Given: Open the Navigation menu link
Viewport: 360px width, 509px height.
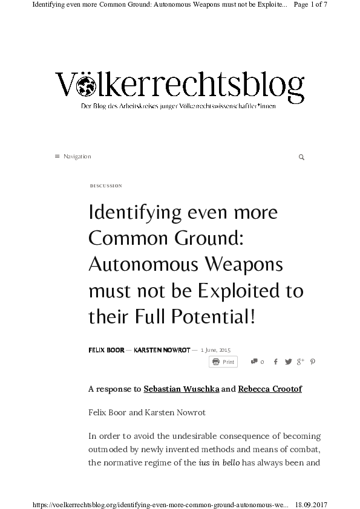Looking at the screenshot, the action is [77, 157].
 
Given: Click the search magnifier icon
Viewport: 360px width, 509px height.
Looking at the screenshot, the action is [301, 157].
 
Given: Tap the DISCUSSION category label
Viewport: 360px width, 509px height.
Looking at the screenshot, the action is [106, 186].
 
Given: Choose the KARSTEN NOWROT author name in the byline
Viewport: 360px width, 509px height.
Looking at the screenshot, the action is [162, 350].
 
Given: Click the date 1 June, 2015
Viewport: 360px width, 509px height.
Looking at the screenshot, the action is [216, 350].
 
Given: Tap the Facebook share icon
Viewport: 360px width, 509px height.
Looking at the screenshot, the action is [276, 362].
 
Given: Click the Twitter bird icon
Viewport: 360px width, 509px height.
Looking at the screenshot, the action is [288, 362].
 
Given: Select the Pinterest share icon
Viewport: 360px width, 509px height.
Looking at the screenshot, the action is [313, 362].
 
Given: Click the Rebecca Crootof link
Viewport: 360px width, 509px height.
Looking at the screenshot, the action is [270, 389].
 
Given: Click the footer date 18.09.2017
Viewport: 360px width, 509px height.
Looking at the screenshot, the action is [311, 503].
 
